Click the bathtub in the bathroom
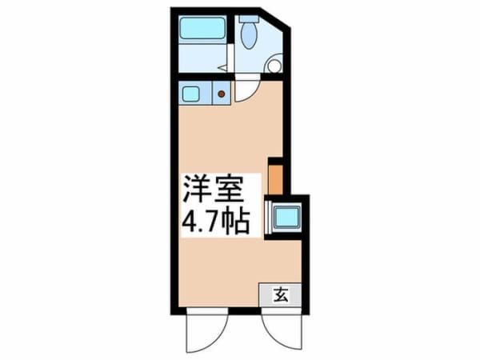202,28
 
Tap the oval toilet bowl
249,35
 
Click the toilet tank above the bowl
249,18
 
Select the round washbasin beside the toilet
274,66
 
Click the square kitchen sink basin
190,94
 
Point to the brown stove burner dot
221,94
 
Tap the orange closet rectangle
275,180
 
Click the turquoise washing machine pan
286,217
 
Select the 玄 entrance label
281,294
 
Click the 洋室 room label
213,190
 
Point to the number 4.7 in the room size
201,222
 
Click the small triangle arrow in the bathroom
222,68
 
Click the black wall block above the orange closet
275,162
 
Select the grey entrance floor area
280,294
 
